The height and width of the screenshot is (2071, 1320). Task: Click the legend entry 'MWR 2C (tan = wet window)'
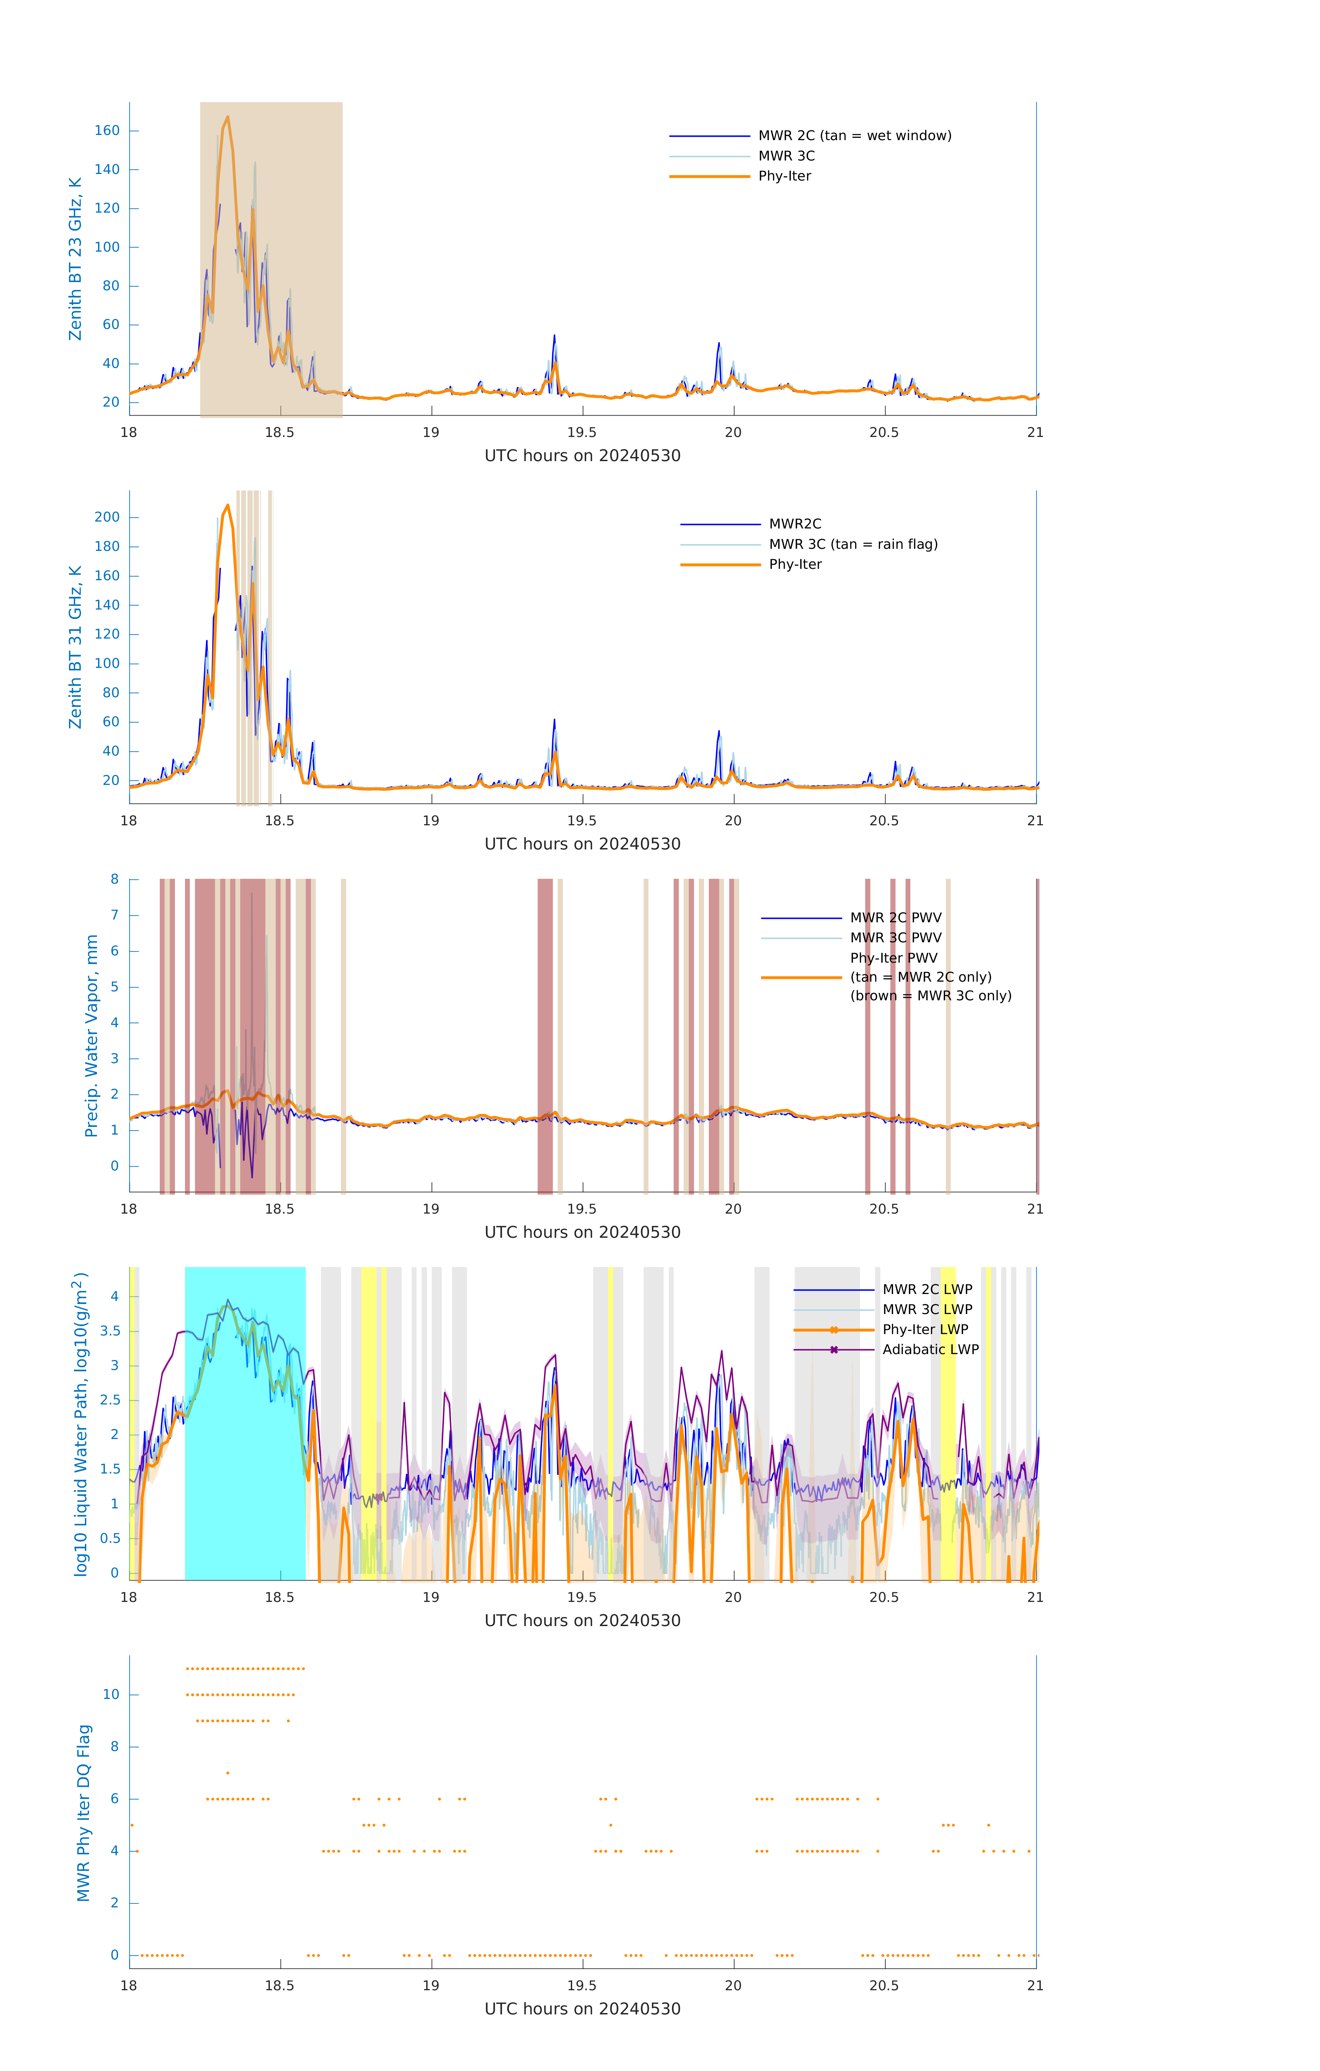point(854,136)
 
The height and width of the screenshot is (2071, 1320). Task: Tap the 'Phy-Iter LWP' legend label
point(925,1330)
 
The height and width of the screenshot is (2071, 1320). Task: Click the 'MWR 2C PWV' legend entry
point(895,918)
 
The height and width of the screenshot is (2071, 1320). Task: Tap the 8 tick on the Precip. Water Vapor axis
point(114,879)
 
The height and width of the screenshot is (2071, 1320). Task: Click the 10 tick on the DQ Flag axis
point(111,1694)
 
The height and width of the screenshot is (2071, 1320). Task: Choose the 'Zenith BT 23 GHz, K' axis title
point(76,259)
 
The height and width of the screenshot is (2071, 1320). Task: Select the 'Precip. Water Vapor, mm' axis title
point(91,1035)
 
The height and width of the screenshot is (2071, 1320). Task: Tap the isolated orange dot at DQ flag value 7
point(228,1772)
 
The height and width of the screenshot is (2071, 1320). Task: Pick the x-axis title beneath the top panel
point(582,456)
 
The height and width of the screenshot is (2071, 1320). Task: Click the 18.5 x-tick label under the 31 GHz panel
point(280,820)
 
